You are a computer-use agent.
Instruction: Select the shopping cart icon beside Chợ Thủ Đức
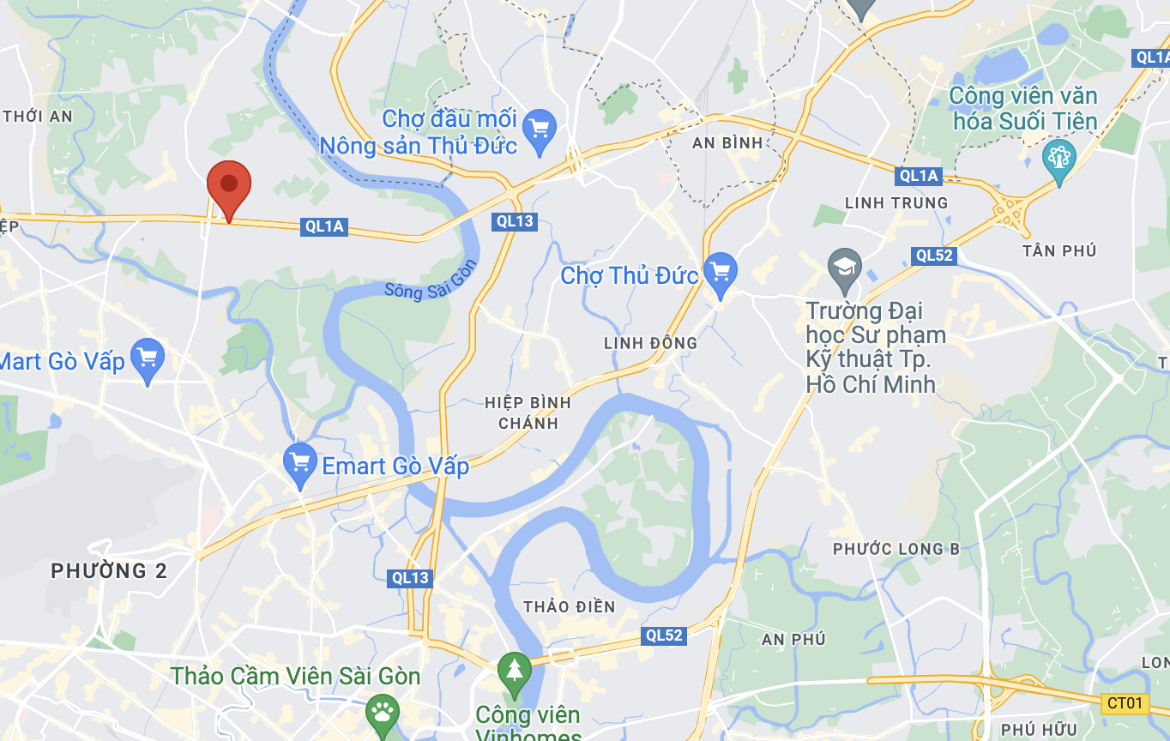720,272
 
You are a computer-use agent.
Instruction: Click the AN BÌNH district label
727,143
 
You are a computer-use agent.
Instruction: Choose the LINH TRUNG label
896,203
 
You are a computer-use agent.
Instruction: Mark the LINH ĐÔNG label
650,343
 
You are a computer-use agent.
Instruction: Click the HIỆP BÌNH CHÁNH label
528,413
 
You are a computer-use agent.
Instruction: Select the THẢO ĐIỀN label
570,607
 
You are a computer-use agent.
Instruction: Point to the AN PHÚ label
793,639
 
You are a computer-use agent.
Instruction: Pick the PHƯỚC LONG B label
896,549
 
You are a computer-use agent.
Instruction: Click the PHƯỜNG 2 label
109,571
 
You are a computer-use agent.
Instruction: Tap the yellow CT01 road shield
1125,704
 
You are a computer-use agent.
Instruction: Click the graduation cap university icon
845,266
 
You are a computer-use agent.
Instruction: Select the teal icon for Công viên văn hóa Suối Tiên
1058,158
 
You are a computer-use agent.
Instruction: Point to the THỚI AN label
38,117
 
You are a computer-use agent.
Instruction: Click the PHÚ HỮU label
1038,730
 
